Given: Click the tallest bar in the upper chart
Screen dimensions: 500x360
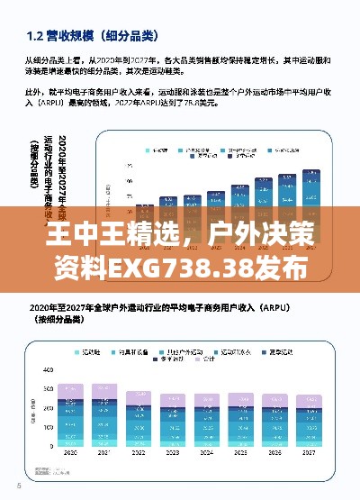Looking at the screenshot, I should click(x=311, y=188).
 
